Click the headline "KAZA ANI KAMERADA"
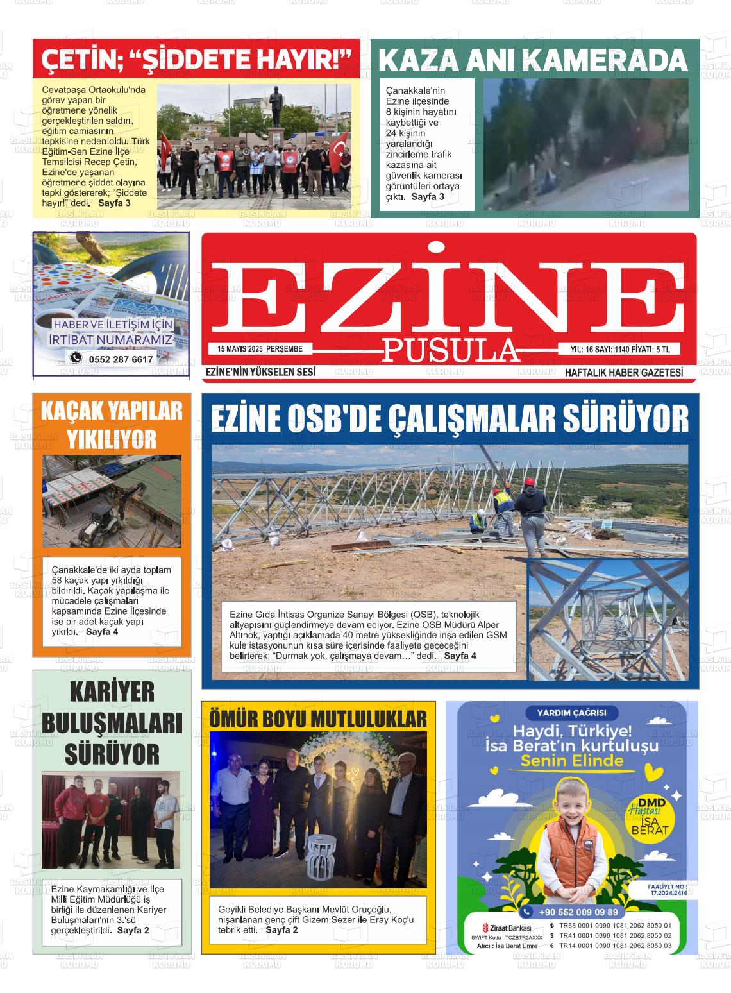click(x=534, y=60)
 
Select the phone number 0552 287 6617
click(x=121, y=359)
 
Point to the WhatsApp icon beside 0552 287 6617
click(x=76, y=358)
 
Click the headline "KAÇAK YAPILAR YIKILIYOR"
click(x=112, y=425)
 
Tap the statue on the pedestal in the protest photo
click(x=277, y=108)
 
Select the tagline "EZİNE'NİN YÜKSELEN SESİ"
click(x=260, y=372)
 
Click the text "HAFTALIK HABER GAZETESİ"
click(x=623, y=372)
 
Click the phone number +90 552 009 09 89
click(x=578, y=912)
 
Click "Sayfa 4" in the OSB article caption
click(x=460, y=656)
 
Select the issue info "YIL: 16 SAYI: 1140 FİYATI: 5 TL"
click(x=619, y=349)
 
